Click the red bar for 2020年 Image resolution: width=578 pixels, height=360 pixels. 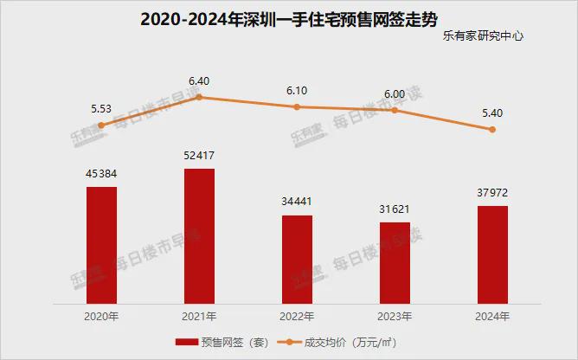[101, 245]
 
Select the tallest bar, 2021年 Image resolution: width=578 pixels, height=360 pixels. [199, 235]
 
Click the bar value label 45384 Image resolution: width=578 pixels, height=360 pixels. [101, 174]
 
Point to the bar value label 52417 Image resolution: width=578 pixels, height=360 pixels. [199, 156]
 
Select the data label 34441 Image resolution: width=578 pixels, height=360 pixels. [297, 202]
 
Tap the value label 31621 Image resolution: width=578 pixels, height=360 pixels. [395, 209]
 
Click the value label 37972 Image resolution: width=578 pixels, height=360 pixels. [492, 193]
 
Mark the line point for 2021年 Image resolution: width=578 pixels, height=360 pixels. [199, 97]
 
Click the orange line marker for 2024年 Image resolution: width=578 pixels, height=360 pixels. [492, 130]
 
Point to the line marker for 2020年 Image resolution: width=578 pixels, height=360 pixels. [101, 125]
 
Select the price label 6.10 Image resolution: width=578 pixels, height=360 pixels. [297, 90]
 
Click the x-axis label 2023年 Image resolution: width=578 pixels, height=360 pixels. [395, 315]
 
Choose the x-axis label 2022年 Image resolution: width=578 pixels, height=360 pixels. [297, 315]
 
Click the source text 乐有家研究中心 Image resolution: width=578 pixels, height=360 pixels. [483, 37]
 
